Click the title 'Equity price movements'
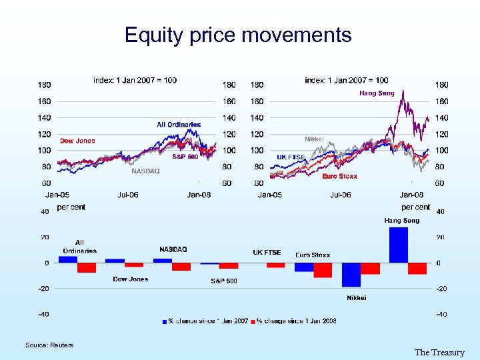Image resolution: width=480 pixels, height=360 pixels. point(238,35)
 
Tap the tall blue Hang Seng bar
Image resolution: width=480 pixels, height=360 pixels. point(399,245)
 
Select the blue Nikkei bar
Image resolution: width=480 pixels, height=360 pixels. point(351,275)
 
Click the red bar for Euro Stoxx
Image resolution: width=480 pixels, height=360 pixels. point(323,270)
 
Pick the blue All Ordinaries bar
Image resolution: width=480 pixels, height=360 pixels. point(68,259)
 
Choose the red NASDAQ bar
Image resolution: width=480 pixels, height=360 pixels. point(181,267)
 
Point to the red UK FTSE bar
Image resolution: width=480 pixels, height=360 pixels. point(275,265)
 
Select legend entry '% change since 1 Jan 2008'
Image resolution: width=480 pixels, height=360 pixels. point(296,321)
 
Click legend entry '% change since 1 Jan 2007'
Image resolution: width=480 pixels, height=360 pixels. point(206,321)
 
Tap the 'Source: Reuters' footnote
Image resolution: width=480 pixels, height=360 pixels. point(49,345)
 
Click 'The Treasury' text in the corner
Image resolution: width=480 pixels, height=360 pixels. point(439,352)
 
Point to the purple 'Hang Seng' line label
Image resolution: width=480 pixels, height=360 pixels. point(377,93)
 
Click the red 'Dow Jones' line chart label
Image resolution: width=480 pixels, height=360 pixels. point(77,141)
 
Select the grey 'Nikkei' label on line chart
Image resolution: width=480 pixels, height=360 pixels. point(314,139)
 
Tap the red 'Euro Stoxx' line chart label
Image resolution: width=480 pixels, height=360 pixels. point(339,176)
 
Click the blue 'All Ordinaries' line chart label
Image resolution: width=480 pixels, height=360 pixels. point(179,125)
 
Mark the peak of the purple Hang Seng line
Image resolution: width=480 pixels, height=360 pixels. point(402,91)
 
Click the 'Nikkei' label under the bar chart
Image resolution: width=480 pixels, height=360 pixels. point(356,297)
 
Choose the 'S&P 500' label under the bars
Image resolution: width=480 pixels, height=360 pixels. point(223,281)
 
